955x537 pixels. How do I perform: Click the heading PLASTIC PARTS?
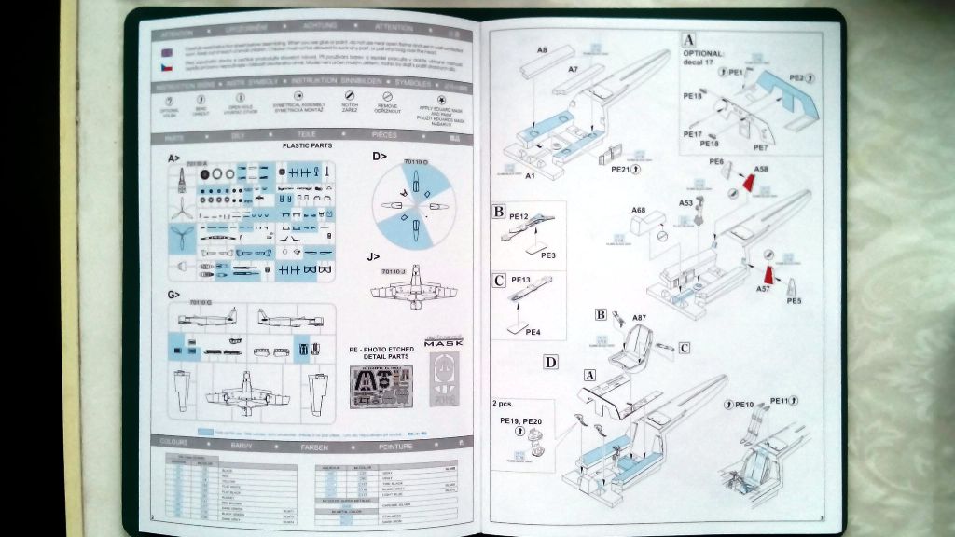pyautogui.click(x=307, y=145)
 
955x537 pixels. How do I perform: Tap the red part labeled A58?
pyautogui.click(x=749, y=179)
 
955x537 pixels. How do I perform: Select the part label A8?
pyautogui.click(x=542, y=48)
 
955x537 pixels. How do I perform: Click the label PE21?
pyautogui.click(x=622, y=170)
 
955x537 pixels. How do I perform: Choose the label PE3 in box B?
pyautogui.click(x=548, y=255)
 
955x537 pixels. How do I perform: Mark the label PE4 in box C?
pyautogui.click(x=533, y=332)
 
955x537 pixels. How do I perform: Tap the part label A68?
pyautogui.click(x=638, y=211)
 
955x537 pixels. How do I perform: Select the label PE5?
pyautogui.click(x=794, y=301)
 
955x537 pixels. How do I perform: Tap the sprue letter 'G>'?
pyautogui.click(x=174, y=295)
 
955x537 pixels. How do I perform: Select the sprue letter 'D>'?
pyautogui.click(x=379, y=157)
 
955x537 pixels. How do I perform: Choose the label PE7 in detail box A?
pyautogui.click(x=760, y=147)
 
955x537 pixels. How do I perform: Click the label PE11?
pyautogui.click(x=782, y=401)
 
